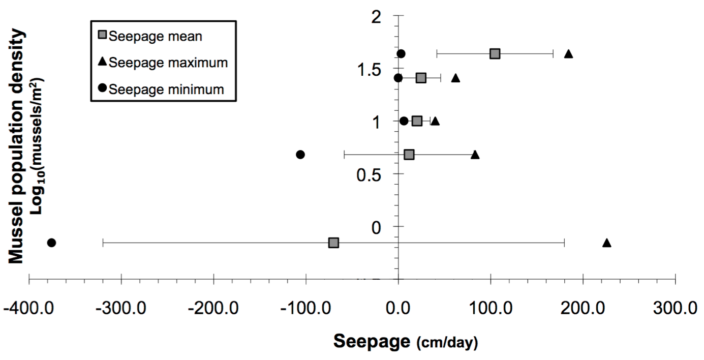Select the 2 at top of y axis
pos(377,17)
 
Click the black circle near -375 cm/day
pos(51,243)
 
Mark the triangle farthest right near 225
pos(606,243)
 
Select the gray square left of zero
pos(333,243)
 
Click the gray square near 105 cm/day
pos(495,53)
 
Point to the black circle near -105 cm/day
pos(300,154)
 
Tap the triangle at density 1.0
pos(435,121)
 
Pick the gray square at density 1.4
pos(421,78)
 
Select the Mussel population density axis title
pos(17,146)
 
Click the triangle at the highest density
pos(569,53)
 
